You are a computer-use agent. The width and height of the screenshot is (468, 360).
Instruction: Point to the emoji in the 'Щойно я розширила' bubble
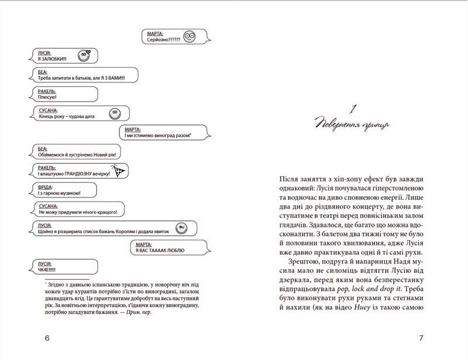point(182,226)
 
